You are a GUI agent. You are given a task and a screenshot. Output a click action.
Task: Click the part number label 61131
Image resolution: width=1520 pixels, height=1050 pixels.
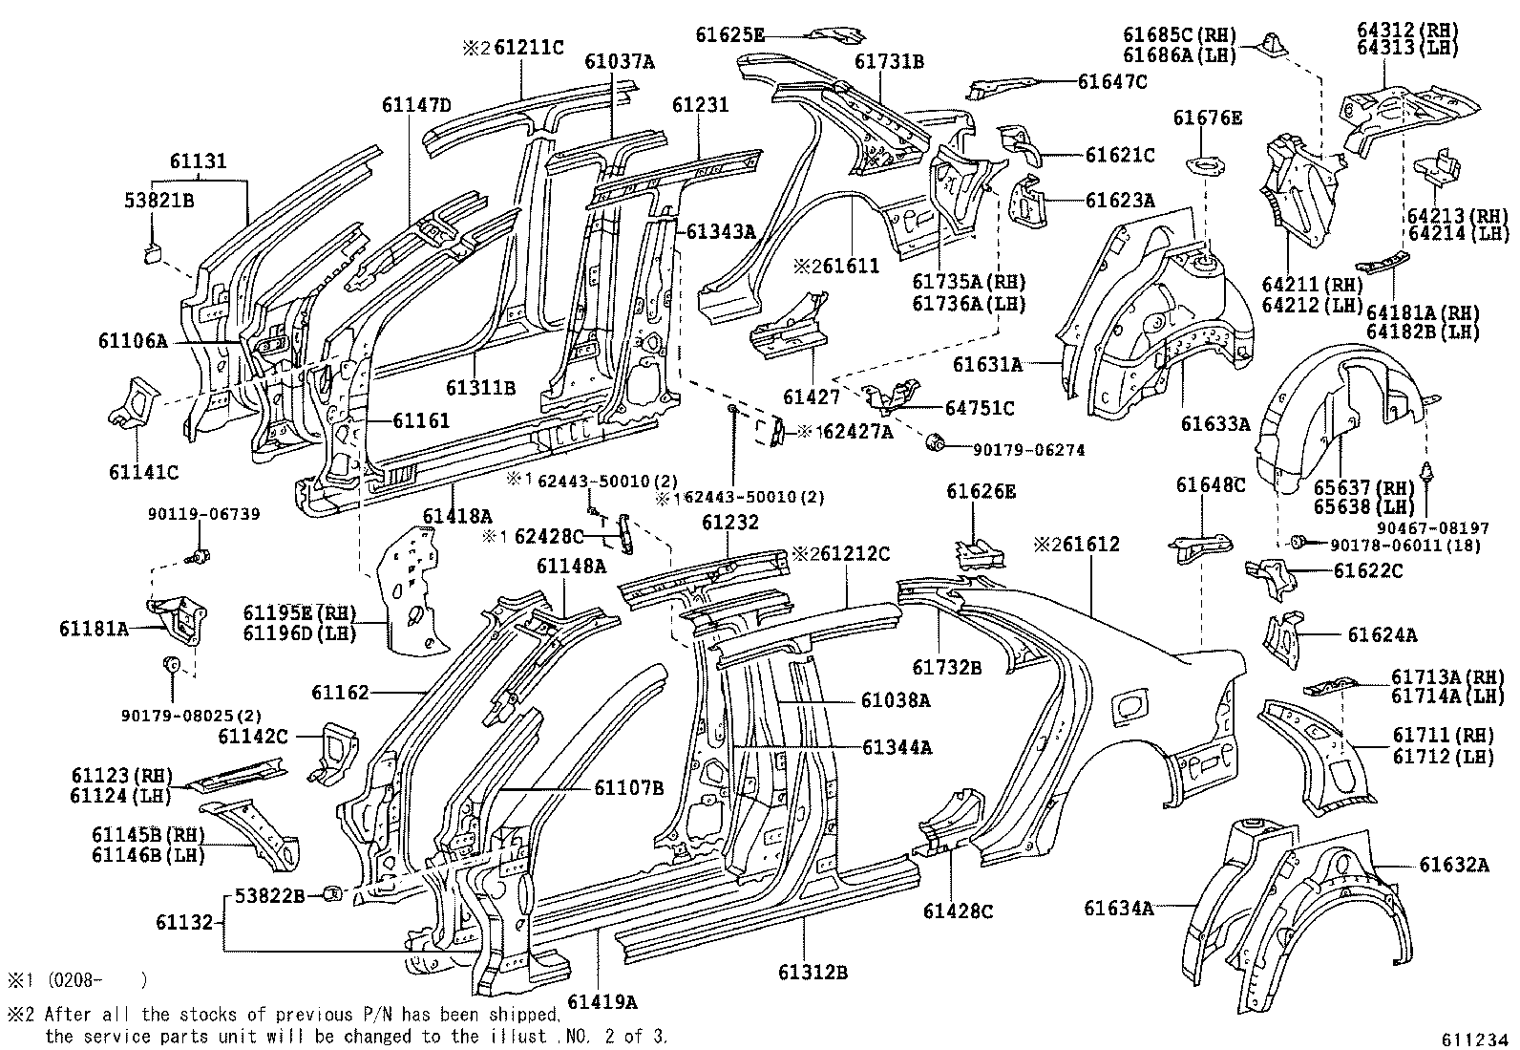tap(199, 161)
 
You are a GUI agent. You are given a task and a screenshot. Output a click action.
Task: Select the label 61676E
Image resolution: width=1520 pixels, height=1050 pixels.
tap(1207, 118)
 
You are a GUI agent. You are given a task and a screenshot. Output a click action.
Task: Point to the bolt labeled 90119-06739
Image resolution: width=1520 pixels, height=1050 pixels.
tap(201, 555)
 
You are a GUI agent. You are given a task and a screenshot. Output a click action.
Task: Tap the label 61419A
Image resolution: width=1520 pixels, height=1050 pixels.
tap(601, 1001)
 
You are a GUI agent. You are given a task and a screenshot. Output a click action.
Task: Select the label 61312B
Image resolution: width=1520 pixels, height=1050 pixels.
tap(813, 973)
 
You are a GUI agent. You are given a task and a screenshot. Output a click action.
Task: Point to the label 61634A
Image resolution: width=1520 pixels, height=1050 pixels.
tap(1118, 908)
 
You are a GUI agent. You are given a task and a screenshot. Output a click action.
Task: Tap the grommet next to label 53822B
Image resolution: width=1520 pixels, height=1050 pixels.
tap(333, 894)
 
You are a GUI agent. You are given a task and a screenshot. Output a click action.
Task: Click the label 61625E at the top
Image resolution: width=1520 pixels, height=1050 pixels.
tap(729, 35)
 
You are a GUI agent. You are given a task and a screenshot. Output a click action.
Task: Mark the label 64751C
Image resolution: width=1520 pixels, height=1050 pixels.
tap(980, 408)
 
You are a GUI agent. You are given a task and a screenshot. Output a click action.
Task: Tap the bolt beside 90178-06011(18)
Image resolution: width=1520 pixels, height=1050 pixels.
tap(1298, 543)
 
